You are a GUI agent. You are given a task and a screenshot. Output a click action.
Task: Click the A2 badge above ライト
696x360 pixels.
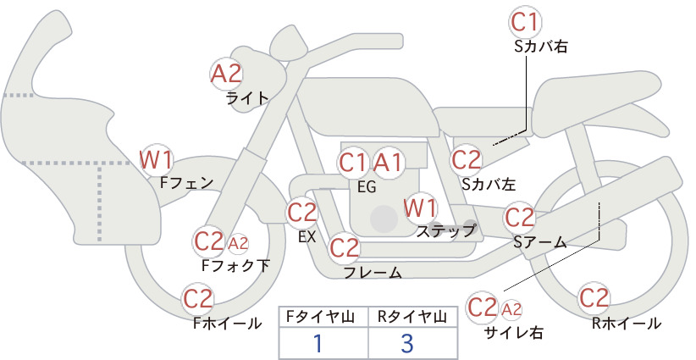coord(226,74)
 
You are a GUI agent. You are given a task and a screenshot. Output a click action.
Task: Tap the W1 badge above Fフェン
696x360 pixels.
coord(156,160)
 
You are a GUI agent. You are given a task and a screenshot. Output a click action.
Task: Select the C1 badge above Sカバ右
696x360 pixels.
coord(525,23)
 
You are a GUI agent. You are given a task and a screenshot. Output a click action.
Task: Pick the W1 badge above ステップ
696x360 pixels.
coord(420,208)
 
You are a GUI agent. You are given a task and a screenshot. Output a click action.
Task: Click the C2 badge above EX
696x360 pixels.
coord(301,213)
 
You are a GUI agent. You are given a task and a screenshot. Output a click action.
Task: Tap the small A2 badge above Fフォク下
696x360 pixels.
coord(238,244)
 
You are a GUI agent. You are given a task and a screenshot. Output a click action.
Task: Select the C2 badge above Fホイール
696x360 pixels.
coord(198,299)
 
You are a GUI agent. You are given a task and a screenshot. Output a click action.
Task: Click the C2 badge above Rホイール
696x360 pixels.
coord(594,298)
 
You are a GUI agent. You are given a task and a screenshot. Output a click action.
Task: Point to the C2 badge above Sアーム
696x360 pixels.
coord(520,218)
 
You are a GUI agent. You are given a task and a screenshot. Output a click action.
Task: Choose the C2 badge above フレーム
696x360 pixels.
coord(345,247)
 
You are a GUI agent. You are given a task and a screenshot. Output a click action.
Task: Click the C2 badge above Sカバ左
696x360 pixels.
coord(467,160)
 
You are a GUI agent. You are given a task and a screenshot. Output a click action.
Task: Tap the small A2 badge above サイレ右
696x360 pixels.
coord(511,309)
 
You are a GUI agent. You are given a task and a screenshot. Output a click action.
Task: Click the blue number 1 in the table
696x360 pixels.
coord(318,343)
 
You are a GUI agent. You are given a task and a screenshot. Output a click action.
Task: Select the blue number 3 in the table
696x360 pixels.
coord(407,343)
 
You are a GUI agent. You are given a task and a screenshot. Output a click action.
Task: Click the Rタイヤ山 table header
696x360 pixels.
coord(412,317)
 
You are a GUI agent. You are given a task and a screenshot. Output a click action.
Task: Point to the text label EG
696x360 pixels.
coord(367,187)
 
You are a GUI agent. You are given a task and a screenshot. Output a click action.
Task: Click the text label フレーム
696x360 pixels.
coord(373,273)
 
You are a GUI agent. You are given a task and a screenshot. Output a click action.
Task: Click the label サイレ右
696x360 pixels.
coord(514,332)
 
